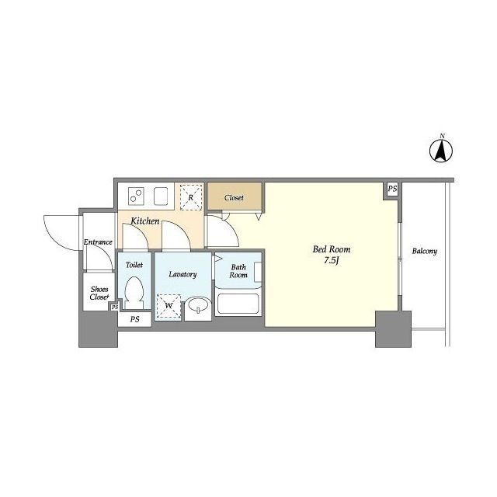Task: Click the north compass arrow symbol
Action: pyautogui.click(x=441, y=151)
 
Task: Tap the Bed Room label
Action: pyautogui.click(x=332, y=249)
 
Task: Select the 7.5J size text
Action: pyautogui.click(x=332, y=261)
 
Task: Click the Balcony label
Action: pyautogui.click(x=425, y=252)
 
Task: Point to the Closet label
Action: pyautogui.click(x=234, y=198)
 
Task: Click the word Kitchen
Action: pyautogui.click(x=145, y=221)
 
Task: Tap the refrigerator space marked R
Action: pyautogui.click(x=191, y=197)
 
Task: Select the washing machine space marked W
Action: pyautogui.click(x=169, y=306)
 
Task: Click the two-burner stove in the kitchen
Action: pyautogui.click(x=137, y=196)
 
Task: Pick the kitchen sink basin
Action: pyautogui.click(x=161, y=196)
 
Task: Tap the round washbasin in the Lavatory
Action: pyautogui.click(x=199, y=305)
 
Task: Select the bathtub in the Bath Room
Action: pyautogui.click(x=238, y=304)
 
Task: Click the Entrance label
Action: pyautogui.click(x=98, y=242)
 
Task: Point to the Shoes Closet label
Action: pyautogui.click(x=99, y=294)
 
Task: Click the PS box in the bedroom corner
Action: pyautogui.click(x=392, y=189)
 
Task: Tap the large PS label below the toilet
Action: pyautogui.click(x=134, y=319)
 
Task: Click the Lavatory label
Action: pyautogui.click(x=182, y=274)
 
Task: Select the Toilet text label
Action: pyautogui.click(x=134, y=265)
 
